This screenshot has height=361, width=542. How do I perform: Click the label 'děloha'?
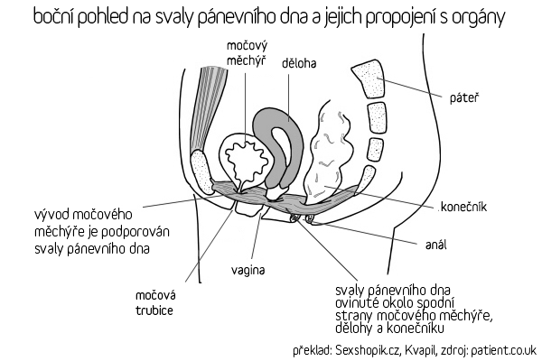pos(299,63)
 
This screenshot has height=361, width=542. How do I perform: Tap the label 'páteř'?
pos(464,98)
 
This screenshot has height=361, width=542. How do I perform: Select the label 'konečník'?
pos(463,207)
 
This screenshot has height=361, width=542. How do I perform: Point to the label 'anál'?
pos(436,245)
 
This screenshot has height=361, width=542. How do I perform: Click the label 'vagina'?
pos(248,270)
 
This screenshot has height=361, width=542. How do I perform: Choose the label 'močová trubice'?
pos(155,302)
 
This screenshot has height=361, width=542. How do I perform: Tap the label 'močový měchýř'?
pos(247,53)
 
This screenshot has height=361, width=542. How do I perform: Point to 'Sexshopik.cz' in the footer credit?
pos(369,350)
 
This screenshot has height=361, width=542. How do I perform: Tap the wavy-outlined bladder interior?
pos(245,160)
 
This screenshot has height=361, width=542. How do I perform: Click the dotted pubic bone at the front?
pos(201,172)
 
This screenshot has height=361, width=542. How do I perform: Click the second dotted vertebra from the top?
pos(377,116)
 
